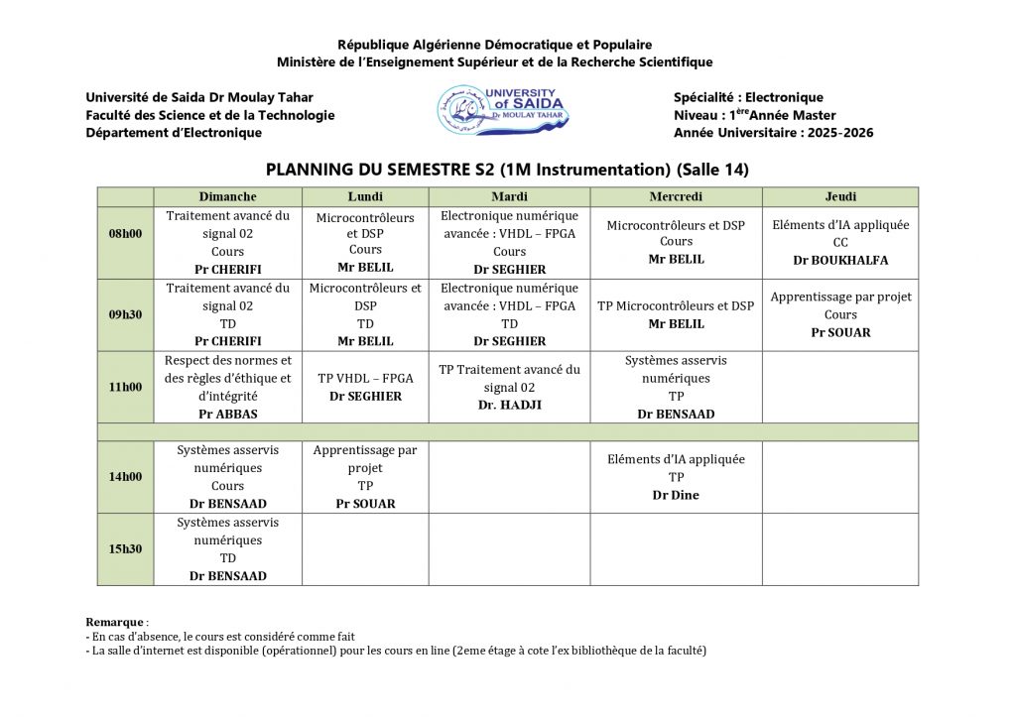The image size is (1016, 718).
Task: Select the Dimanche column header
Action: pyautogui.click(x=227, y=196)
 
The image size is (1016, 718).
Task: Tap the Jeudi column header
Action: pyautogui.click(x=840, y=196)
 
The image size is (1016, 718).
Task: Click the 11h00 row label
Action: pyautogui.click(x=125, y=387)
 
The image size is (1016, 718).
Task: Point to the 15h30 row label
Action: pyautogui.click(x=125, y=549)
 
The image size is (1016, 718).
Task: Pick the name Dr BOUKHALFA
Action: pyautogui.click(x=840, y=260)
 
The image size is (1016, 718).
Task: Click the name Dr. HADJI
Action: pyautogui.click(x=509, y=405)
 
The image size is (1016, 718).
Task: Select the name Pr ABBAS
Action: pyautogui.click(x=227, y=414)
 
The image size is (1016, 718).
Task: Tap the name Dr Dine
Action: pyautogui.click(x=676, y=494)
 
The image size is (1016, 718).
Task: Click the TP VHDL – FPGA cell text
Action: pyautogui.click(x=365, y=378)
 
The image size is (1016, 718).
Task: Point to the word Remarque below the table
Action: pyautogui.click(x=115, y=622)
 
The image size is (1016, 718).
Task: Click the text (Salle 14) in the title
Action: pyautogui.click(x=713, y=170)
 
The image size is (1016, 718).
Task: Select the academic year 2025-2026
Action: pyautogui.click(x=842, y=133)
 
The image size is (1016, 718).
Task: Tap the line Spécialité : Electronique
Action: pyautogui.click(x=748, y=97)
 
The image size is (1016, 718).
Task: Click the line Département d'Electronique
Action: pyautogui.click(x=174, y=133)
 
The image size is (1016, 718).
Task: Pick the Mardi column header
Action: pyautogui.click(x=509, y=196)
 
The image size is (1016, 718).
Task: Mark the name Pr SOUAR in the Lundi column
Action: pyautogui.click(x=365, y=504)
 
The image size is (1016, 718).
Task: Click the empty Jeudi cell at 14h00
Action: pyautogui.click(x=840, y=477)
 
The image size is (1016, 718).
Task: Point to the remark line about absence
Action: pyautogui.click(x=220, y=637)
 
